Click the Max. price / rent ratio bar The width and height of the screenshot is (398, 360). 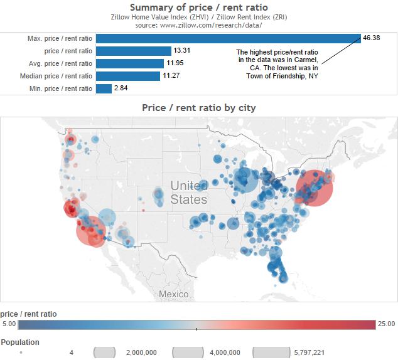coord(229,38)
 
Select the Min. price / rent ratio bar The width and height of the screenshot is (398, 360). coord(104,88)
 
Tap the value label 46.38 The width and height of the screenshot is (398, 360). coord(371,38)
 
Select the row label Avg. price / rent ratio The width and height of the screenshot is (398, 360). coord(60,63)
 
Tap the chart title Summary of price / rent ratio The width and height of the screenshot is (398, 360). coord(198,7)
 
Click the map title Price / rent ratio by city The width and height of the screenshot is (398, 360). coord(198,108)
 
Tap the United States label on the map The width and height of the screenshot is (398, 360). coord(188,193)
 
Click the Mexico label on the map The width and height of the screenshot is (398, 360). coord(173,294)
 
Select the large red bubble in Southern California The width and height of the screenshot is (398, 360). coord(92,231)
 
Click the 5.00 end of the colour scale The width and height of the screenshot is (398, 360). coord(9,324)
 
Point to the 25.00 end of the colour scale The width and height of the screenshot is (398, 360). coord(386,324)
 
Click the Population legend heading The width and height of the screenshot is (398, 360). coord(20,342)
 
